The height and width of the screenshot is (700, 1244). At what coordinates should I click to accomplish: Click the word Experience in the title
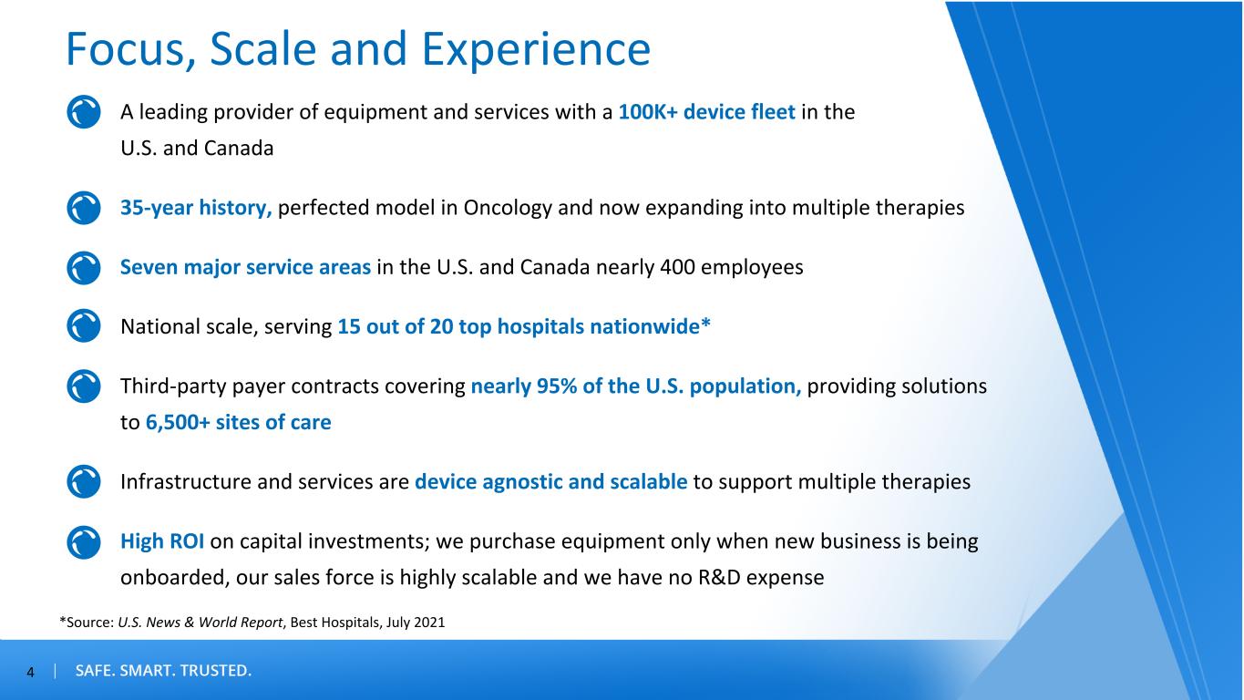point(536,50)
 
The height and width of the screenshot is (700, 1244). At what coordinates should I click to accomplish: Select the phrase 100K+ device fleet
point(707,112)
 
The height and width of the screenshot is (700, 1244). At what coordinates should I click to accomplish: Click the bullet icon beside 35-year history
point(84,208)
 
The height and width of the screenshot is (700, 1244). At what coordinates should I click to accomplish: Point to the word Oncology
point(508,208)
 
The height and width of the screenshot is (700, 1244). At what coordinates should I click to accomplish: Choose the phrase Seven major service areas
point(245,267)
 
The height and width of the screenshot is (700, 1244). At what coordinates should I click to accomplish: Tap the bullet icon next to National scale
point(84,325)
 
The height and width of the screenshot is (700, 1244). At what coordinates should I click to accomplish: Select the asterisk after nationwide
point(705,323)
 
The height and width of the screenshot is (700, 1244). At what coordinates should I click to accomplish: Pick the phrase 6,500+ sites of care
point(238,422)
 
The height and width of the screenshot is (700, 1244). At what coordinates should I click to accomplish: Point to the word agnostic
point(522,482)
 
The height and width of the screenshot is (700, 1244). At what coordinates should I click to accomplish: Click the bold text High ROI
point(162,541)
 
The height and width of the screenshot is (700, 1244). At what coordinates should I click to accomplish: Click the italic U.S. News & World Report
point(200,623)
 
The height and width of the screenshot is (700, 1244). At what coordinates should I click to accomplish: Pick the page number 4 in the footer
point(31,673)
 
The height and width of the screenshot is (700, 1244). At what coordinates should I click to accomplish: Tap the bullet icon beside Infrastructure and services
point(84,481)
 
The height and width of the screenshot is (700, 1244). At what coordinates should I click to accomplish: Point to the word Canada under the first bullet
point(239,149)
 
